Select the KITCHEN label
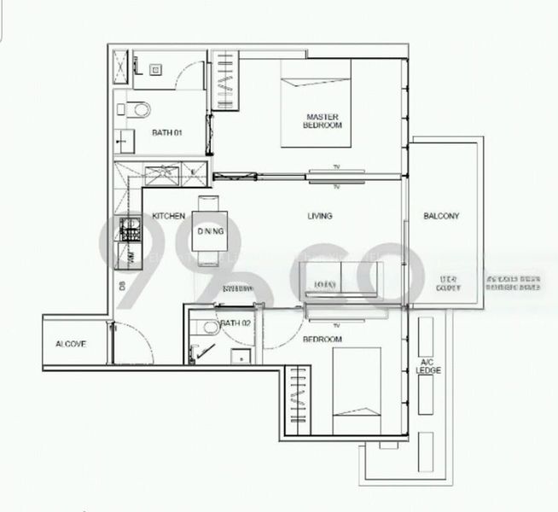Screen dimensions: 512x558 pyautogui.click(x=169, y=217)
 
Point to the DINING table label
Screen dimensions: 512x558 pyautogui.click(x=210, y=231)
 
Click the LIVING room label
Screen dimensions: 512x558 pyautogui.click(x=319, y=217)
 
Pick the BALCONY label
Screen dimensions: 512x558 pyautogui.click(x=441, y=217)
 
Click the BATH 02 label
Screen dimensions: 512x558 pyautogui.click(x=235, y=323)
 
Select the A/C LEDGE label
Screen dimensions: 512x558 pyautogui.click(x=427, y=366)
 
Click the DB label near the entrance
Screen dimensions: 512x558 pyautogui.click(x=122, y=286)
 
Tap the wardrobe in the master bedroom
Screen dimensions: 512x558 pyautogui.click(x=225, y=82)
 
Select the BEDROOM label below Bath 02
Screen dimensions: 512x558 pyautogui.click(x=322, y=340)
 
